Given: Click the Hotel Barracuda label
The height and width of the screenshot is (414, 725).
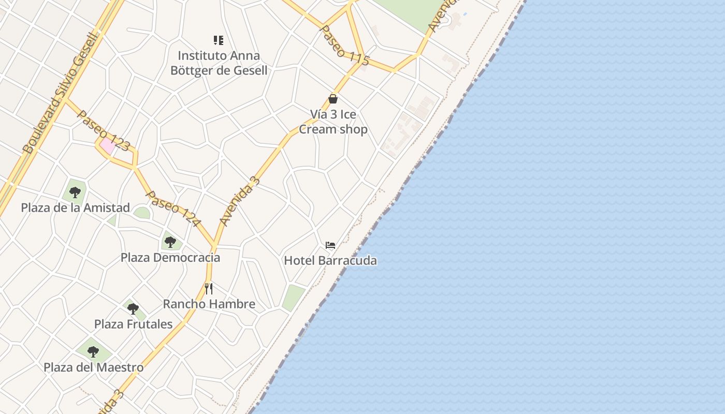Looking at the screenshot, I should tap(330, 260).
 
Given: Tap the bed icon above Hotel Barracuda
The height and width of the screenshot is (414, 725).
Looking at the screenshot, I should tap(330, 245).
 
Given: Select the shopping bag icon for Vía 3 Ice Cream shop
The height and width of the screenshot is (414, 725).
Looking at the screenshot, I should tap(333, 99).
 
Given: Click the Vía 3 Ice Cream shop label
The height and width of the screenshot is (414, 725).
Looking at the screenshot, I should tap(333, 122).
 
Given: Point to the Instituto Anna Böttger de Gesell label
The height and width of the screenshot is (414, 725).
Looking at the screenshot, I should tap(219, 63).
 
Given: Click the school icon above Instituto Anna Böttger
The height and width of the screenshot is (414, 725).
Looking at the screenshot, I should tap(219, 40).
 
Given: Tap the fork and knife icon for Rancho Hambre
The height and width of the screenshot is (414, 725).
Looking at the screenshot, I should tap(209, 288).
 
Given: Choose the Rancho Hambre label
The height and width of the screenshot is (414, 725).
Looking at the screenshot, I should tap(209, 304).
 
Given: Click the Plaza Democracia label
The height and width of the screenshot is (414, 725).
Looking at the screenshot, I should tap(170, 257).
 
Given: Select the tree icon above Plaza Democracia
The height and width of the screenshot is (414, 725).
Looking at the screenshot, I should tap(170, 242).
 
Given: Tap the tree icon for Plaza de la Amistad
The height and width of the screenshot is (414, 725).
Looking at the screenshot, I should tap(75, 193).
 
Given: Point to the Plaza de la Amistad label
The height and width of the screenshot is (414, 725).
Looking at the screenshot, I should tap(75, 208).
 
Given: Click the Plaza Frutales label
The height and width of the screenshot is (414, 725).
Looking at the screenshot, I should tap(133, 324).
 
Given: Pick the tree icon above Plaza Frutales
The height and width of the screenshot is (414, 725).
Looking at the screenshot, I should tap(133, 309).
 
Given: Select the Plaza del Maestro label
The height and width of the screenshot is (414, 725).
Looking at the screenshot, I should tap(93, 367).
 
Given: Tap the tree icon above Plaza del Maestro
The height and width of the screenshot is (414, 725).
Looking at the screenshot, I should tap(93, 352).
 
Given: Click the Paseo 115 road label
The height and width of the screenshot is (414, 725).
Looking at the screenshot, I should tap(344, 45).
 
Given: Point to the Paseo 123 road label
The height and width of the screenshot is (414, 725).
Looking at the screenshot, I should tap(103, 130).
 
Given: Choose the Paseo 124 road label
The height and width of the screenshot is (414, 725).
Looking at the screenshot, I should tap(173, 209).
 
